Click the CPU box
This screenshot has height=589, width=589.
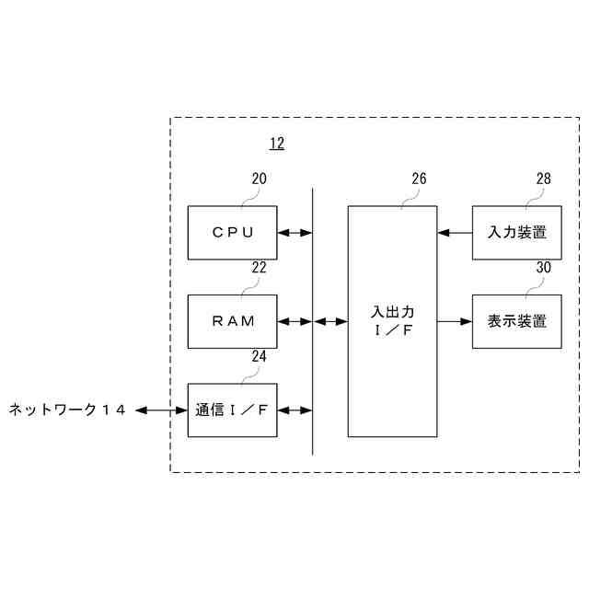click(x=232, y=233)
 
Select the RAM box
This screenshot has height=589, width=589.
click(x=232, y=321)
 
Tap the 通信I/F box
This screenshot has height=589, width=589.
click(x=232, y=410)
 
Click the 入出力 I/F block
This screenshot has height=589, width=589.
click(x=392, y=321)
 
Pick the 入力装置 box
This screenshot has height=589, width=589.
click(x=516, y=233)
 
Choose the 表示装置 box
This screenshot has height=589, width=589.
click(x=516, y=321)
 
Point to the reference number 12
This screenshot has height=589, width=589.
click(x=276, y=144)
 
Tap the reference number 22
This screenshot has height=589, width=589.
click(x=260, y=267)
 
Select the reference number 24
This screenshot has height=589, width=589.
click(x=260, y=355)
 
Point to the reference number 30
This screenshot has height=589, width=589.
click(x=543, y=267)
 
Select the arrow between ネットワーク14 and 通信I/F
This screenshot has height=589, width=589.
click(x=163, y=410)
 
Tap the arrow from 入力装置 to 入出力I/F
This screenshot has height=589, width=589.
click(x=455, y=233)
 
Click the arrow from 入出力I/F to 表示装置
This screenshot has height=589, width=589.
click(x=455, y=321)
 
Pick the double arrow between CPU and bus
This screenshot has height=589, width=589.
click(x=294, y=233)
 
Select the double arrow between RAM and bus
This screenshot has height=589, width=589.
click(x=294, y=321)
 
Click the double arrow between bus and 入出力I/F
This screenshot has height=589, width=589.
click(x=330, y=321)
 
